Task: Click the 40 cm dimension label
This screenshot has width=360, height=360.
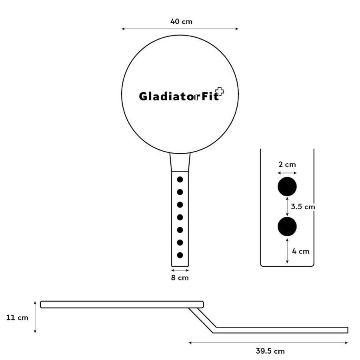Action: pos(181,22)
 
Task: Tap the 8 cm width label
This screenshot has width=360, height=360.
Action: pos(180,278)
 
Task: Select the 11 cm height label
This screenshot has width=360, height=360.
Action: pos(17,318)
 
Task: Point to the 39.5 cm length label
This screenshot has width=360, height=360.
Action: pos(270,351)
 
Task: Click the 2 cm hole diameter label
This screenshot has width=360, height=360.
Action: pos(287,164)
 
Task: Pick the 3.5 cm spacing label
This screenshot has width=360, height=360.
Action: pos(303,207)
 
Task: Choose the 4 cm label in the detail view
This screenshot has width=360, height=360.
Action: pos(300,251)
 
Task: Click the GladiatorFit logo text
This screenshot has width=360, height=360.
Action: pos(179,96)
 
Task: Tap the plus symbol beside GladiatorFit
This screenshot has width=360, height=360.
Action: pos(220,91)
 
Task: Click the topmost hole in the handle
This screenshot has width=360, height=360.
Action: pos(180,180)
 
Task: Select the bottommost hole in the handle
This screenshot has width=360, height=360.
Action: pos(180,255)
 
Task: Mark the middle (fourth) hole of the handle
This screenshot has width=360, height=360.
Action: pos(180,217)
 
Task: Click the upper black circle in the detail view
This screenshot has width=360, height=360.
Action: pos(287,186)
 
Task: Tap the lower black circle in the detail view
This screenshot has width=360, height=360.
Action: pos(287,227)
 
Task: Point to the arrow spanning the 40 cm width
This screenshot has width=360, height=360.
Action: pos(180,29)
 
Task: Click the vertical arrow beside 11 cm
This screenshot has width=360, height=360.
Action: pos(35,317)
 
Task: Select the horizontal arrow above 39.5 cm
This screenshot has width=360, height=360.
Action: pos(268,343)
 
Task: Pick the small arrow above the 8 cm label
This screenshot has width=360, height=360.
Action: pos(180,270)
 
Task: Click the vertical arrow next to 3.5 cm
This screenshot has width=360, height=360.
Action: pos(287,207)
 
